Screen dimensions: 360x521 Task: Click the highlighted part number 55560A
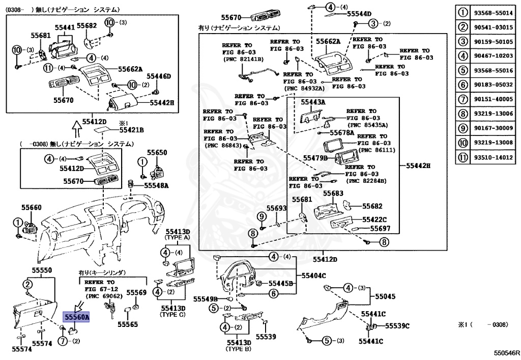point(76,317)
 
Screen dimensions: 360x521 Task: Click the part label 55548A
point(156,185)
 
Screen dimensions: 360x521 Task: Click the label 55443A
point(313,102)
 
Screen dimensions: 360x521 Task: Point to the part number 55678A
point(340,132)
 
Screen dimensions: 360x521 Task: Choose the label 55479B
point(315,158)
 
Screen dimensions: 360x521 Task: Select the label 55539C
point(397,325)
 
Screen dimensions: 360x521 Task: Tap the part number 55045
point(385,296)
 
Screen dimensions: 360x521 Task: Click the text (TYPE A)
point(177,237)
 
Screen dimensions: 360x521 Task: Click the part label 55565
point(128,324)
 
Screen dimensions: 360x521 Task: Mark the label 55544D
point(359,14)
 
